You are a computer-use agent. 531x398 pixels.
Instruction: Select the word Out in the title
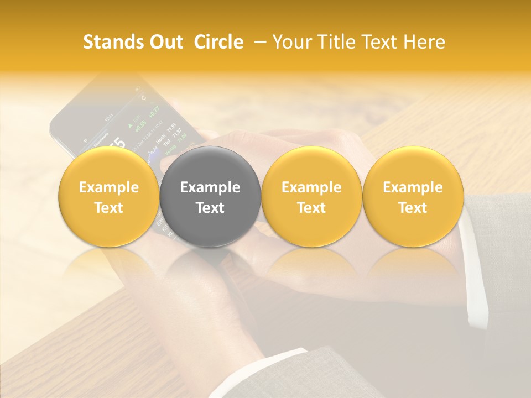(164, 42)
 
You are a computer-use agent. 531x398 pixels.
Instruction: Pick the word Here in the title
(423, 42)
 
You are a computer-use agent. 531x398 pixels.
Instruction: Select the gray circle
(210, 197)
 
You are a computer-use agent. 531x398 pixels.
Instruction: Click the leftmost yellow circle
(109, 197)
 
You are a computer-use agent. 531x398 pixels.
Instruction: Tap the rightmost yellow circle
(413, 197)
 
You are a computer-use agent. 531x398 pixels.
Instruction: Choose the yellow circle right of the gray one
(311, 197)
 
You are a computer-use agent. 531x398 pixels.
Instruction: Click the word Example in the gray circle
(210, 187)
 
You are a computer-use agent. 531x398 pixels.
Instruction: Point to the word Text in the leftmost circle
(109, 208)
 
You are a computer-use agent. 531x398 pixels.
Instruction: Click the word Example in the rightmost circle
(413, 187)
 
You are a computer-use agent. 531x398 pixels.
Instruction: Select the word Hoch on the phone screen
(160, 142)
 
